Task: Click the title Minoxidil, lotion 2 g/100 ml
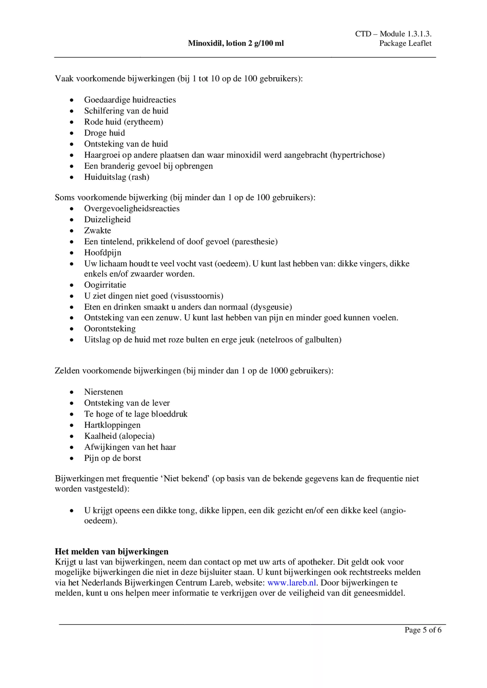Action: pyautogui.click(x=236, y=43)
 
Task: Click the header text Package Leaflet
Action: pyautogui.click(x=405, y=43)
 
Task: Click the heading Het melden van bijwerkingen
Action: pyautogui.click(x=111, y=551)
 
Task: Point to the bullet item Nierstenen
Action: pyautogui.click(x=103, y=392)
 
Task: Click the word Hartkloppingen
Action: pyautogui.click(x=112, y=425)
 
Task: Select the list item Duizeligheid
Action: pyautogui.click(x=107, y=219)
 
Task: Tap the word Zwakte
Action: pyautogui.click(x=97, y=230)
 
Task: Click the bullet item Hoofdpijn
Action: pyautogui.click(x=103, y=252)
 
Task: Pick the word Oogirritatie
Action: pyautogui.click(x=105, y=285)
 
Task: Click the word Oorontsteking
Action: pyautogui.click(x=110, y=328)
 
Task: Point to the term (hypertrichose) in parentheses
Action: pyautogui.click(x=357, y=155)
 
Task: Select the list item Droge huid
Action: pyautogui.click(x=104, y=133)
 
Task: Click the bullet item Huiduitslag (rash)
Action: pyautogui.click(x=117, y=177)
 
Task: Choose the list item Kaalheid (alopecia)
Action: pyautogui.click(x=119, y=436)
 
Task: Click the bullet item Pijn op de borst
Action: pyautogui.click(x=112, y=458)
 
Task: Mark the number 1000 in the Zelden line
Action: pyautogui.click(x=279, y=370)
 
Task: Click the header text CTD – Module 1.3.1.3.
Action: pyautogui.click(x=393, y=34)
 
